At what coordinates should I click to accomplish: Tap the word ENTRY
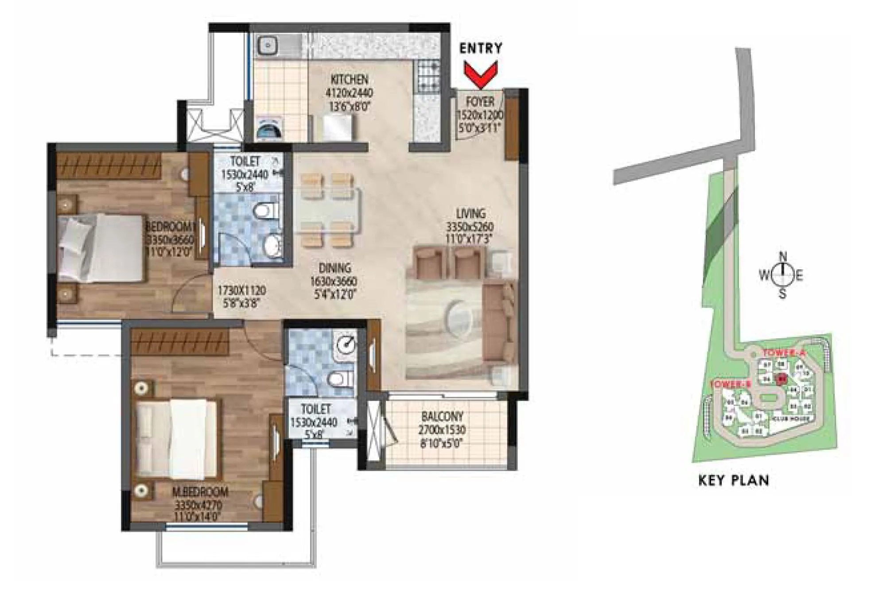click(x=481, y=48)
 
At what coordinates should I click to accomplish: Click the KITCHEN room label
click(x=350, y=80)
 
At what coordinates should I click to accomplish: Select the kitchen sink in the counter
click(x=268, y=44)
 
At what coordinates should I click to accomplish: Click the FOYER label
click(x=480, y=102)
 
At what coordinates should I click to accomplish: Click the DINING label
click(x=334, y=268)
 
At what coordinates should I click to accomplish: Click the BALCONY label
click(x=442, y=417)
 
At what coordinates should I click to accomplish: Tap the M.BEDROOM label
click(x=201, y=492)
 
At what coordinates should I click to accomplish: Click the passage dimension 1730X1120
click(x=241, y=291)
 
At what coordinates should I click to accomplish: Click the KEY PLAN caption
click(x=733, y=480)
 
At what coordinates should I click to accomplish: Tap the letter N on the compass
click(x=783, y=256)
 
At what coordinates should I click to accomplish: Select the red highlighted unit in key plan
click(x=782, y=379)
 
